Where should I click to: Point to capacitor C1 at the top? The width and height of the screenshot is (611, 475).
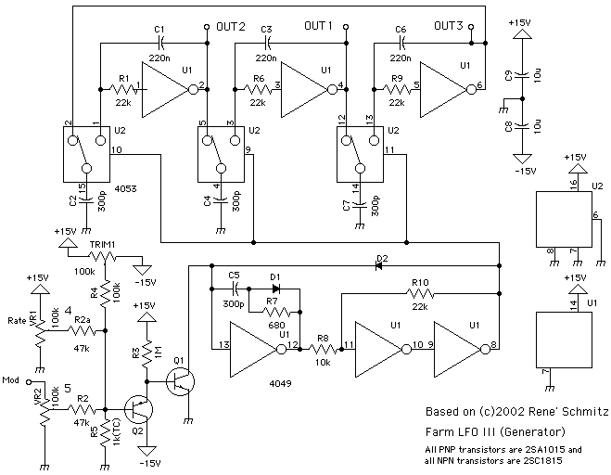162,43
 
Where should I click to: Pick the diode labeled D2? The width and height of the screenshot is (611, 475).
380,265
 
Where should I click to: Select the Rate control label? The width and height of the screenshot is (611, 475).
16,322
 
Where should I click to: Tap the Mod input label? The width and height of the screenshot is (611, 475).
11,380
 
